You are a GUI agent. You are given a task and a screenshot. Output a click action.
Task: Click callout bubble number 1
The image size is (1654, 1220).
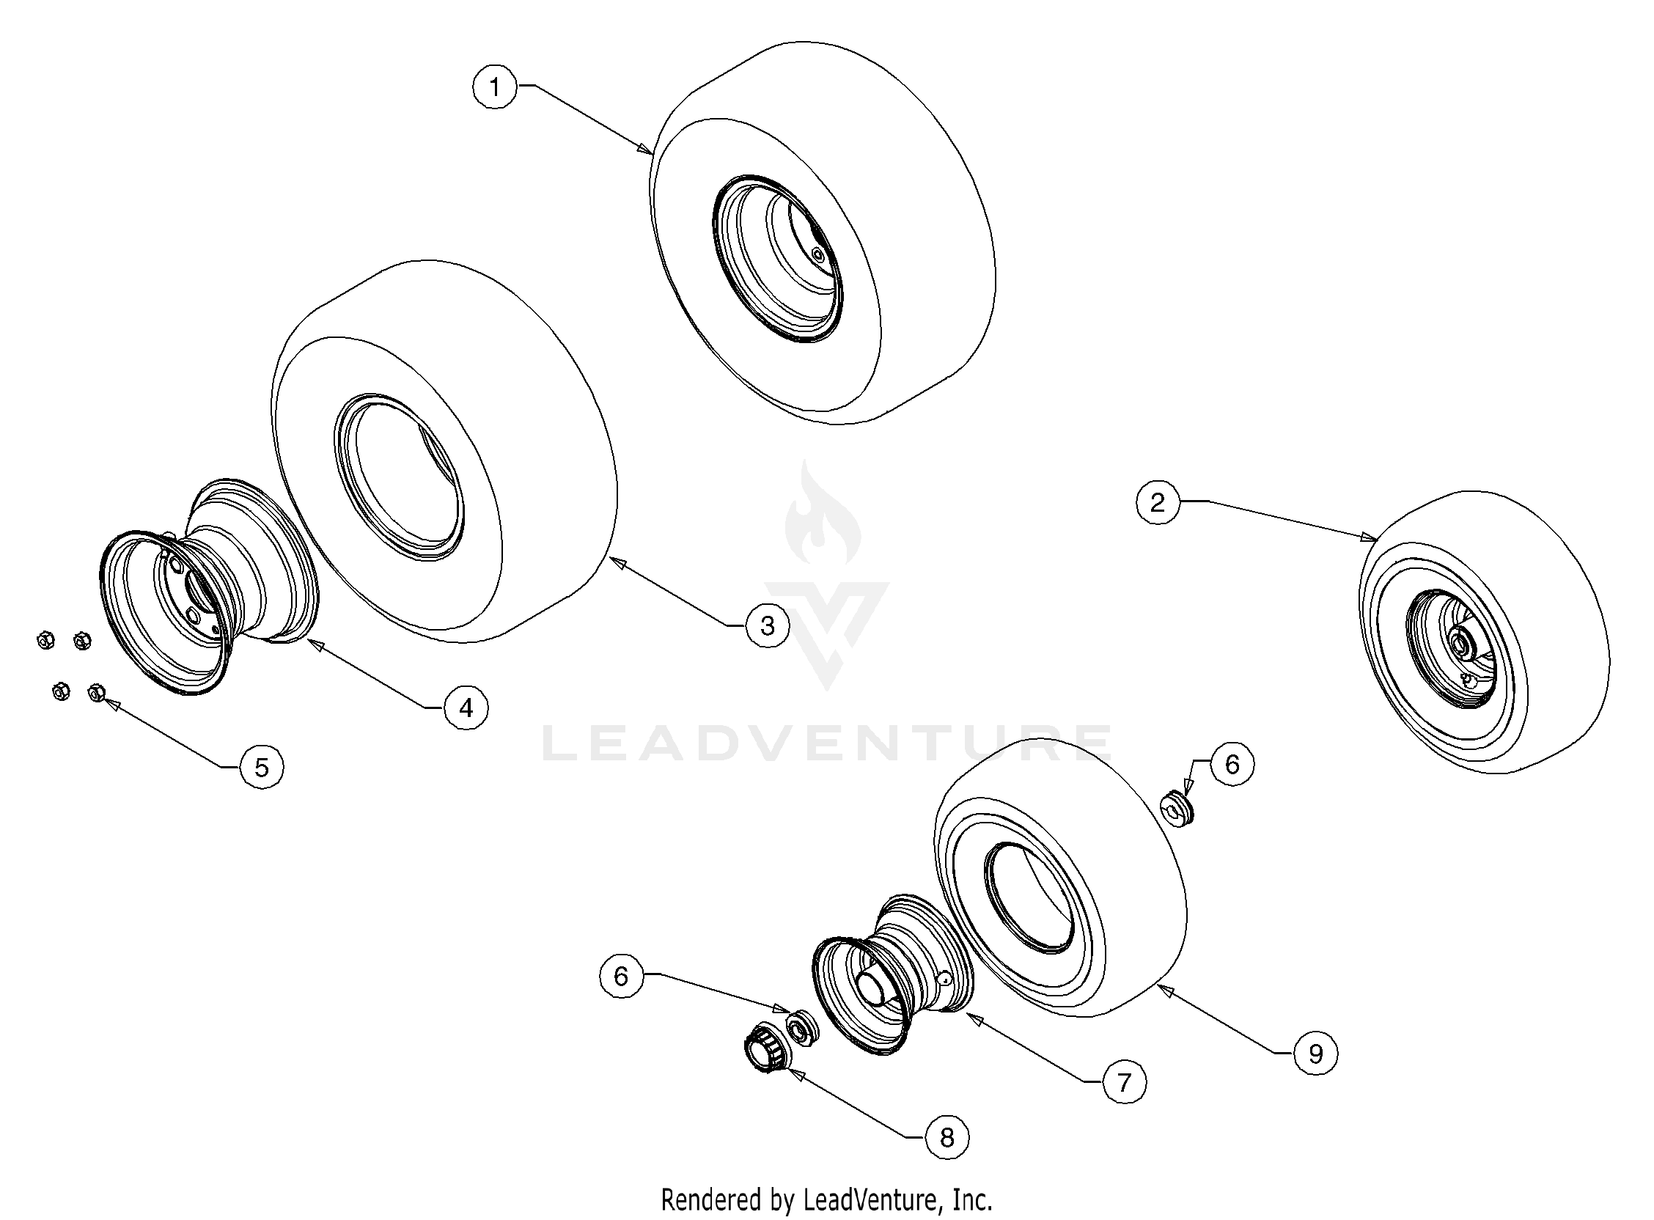[x=495, y=87]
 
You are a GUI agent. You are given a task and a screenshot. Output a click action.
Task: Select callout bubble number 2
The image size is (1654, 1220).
[x=1157, y=503]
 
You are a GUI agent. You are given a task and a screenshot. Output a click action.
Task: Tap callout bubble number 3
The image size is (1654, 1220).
[x=767, y=625]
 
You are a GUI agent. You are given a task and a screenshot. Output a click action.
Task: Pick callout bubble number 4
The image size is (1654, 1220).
[x=466, y=708]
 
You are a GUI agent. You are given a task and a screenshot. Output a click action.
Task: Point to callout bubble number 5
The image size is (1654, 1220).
[x=262, y=768]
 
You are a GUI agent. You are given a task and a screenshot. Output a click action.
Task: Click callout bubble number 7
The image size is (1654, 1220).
[x=1124, y=1083]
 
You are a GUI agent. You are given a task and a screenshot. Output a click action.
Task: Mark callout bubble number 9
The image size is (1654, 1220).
[x=1315, y=1053]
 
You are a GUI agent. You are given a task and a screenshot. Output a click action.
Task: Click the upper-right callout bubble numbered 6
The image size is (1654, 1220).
[x=1232, y=765]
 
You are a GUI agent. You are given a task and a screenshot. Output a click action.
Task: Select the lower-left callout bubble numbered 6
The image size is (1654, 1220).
[x=621, y=977]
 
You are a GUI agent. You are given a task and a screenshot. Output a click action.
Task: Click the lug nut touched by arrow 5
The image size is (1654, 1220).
[x=96, y=693]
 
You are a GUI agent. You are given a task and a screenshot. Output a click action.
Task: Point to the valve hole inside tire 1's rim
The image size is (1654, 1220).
[x=817, y=253]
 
